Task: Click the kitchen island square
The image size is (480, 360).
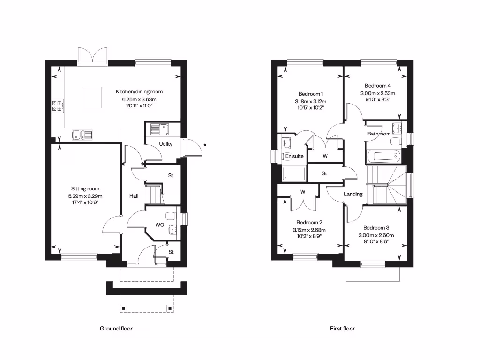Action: (92, 97)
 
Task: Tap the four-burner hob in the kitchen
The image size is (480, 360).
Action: (57, 106)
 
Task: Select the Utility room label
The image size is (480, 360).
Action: (165, 144)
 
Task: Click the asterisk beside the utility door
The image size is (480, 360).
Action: (205, 145)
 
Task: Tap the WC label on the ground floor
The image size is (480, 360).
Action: (159, 225)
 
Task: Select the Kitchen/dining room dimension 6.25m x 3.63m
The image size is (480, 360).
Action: (139, 99)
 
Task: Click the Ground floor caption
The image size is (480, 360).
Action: (116, 329)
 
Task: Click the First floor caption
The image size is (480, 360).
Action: (342, 329)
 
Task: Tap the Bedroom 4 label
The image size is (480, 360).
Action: (377, 86)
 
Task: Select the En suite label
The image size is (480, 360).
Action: (294, 156)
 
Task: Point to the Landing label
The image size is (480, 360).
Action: (353, 194)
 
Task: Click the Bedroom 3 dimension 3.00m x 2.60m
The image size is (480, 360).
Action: (376, 235)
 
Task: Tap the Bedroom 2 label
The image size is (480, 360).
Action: (309, 222)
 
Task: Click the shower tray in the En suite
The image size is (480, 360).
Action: (294, 174)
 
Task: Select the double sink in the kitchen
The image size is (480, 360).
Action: (82, 135)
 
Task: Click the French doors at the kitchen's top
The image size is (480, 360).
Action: (94, 54)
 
